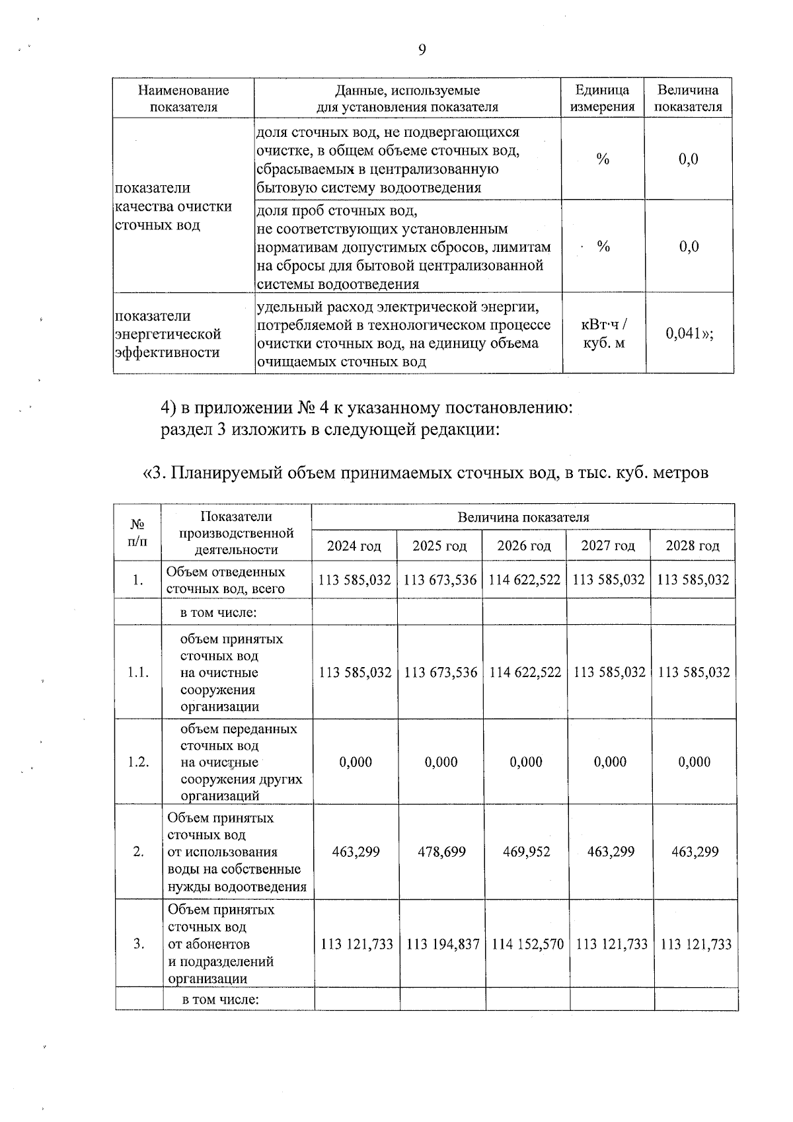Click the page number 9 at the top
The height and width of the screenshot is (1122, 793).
coord(422,50)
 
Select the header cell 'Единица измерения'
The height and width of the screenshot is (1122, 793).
coord(602,98)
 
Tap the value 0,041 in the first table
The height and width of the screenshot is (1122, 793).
coord(689,333)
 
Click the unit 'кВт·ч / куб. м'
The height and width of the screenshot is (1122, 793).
coord(603,333)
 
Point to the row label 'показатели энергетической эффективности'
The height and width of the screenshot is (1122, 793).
coord(168,334)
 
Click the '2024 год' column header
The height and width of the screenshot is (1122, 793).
coord(354,545)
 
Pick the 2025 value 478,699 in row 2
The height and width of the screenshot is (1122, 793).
coord(441,852)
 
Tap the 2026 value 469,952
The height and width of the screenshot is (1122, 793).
coord(526,852)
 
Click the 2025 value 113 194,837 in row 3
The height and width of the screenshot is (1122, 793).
coord(442,944)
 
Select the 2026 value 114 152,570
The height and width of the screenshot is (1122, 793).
coord(527,944)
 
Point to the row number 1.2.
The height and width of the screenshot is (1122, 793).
coord(138,762)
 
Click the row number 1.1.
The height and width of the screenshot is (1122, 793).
coord(138,672)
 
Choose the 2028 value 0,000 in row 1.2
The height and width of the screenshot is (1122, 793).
coord(695,762)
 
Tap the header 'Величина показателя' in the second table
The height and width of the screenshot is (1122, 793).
coord(523,517)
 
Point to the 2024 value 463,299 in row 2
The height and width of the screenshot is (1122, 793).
coord(356,852)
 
